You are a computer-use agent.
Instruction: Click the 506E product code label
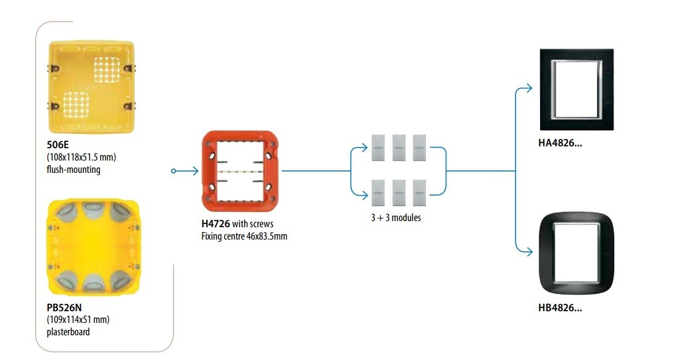pyautogui.click(x=58, y=146)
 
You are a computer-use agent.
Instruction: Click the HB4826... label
pyautogui.click(x=560, y=308)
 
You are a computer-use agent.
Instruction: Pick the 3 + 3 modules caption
pyautogui.click(x=396, y=217)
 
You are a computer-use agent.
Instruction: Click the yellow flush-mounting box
pyautogui.click(x=91, y=87)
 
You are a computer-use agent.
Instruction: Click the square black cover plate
pyautogui.click(x=573, y=90)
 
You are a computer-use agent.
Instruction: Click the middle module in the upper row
pyautogui.click(x=399, y=148)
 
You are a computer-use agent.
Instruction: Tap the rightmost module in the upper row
pyautogui.click(x=420, y=148)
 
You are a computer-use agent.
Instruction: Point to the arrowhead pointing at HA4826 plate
pyautogui.click(x=529, y=89)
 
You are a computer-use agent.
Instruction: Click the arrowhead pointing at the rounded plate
pyautogui.click(x=529, y=251)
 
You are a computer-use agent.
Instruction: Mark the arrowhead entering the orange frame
pyautogui.click(x=196, y=171)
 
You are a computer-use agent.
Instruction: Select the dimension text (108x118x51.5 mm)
pyautogui.click(x=81, y=157)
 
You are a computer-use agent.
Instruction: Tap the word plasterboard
pyautogui.click(x=69, y=332)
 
